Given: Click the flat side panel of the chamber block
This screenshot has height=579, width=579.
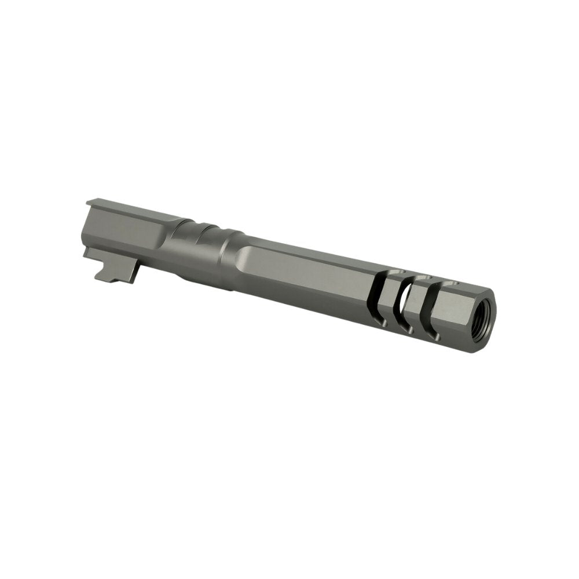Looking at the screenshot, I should (x=124, y=234).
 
